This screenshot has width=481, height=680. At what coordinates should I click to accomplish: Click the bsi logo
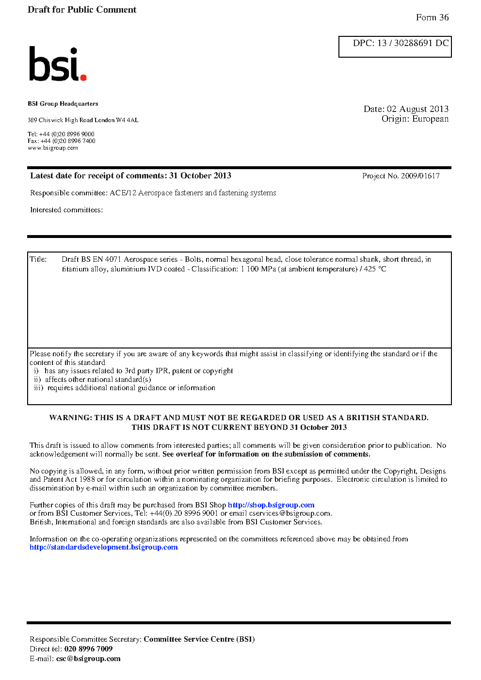pyautogui.click(x=57, y=63)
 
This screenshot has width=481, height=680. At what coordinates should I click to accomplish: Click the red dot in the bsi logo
pyautogui.click(x=83, y=77)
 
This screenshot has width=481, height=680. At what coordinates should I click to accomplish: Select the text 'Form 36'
pyautogui.click(x=432, y=17)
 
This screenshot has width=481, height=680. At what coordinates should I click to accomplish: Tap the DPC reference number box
pyautogui.click(x=395, y=47)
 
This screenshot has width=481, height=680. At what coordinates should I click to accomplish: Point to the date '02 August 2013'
pyautogui.click(x=417, y=109)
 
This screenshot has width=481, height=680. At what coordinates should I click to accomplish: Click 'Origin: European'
pyautogui.click(x=415, y=119)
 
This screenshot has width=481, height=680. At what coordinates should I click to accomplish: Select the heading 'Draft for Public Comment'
pyautogui.click(x=82, y=10)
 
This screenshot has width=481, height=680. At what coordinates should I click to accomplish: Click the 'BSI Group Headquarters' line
pyautogui.click(x=63, y=104)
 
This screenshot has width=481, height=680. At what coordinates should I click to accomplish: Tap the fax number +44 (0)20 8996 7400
pyautogui.click(x=68, y=141)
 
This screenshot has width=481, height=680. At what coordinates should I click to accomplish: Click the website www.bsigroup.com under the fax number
pyautogui.click(x=53, y=148)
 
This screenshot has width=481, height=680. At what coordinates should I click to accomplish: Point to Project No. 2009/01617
pyautogui.click(x=401, y=176)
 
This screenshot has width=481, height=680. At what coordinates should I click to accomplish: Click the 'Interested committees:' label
pyautogui.click(x=66, y=210)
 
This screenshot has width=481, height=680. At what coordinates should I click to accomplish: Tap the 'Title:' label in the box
pyautogui.click(x=38, y=259)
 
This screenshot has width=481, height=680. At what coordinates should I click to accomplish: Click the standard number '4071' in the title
pyautogui.click(x=113, y=259)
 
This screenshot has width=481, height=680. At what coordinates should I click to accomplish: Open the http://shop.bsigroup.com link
pyautogui.click(x=271, y=505)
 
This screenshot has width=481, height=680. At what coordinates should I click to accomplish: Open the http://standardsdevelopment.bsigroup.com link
pyautogui.click(x=103, y=547)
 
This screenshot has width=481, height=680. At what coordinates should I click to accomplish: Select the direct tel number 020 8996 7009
pyautogui.click(x=88, y=649)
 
